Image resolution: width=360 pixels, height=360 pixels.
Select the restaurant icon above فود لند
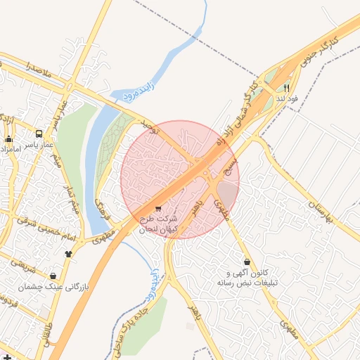coord(287,88)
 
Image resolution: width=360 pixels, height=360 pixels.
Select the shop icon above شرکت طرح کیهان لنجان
coord(157,208)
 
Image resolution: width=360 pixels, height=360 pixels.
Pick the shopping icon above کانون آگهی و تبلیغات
coord(247,262)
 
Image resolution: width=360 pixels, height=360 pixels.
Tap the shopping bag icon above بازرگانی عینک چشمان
coord(54,275)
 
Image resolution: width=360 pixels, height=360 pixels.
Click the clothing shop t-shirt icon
coord(68,253)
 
